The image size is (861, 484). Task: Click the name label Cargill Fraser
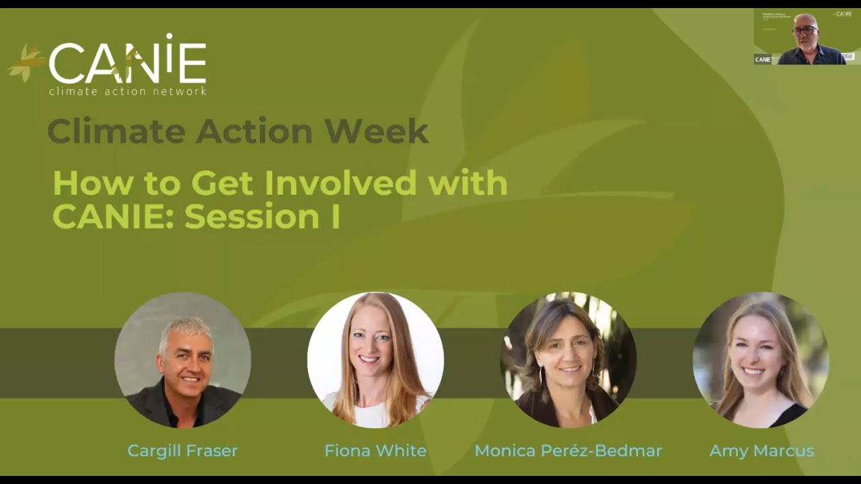(x=182, y=450)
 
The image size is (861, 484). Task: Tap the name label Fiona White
(x=375, y=450)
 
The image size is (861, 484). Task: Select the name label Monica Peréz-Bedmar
(x=568, y=450)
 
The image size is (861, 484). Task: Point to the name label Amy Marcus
(x=761, y=450)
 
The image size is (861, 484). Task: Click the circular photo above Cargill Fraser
(x=182, y=360)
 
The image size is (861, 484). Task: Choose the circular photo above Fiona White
(x=375, y=360)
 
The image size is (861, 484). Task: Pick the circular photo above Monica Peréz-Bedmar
(x=568, y=360)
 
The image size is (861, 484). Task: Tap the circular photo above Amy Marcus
(x=761, y=360)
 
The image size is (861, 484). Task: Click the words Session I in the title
(x=262, y=217)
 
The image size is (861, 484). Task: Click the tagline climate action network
(x=127, y=91)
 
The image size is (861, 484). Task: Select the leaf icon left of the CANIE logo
(x=26, y=63)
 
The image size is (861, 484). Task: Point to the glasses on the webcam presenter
(x=804, y=31)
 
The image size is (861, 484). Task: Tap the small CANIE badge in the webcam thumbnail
(x=762, y=59)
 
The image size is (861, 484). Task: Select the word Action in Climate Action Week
(x=254, y=131)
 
